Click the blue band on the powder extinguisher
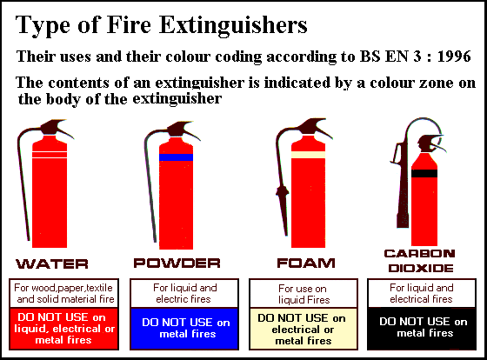(176, 157)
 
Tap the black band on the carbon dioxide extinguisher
(424, 173)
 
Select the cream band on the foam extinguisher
(308, 155)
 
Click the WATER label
(52, 264)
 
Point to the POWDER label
(177, 263)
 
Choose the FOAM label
(306, 263)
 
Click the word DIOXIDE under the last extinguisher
(421, 268)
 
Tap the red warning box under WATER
(64, 329)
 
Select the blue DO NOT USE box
(184, 329)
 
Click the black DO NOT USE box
(422, 329)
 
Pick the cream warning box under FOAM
(304, 329)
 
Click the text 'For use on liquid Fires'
(304, 294)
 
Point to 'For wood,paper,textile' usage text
(63, 288)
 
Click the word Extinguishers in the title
(233, 25)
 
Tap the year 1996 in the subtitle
(454, 57)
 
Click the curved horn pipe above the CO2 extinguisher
(423, 123)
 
